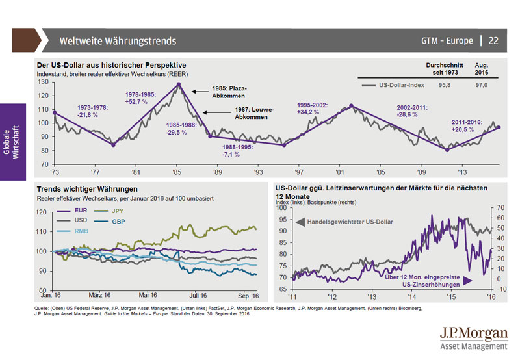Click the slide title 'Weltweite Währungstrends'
(118, 41)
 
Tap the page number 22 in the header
(493, 41)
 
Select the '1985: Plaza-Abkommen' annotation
(230, 92)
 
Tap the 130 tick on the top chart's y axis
(44, 82)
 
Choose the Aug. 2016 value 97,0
(482, 85)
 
